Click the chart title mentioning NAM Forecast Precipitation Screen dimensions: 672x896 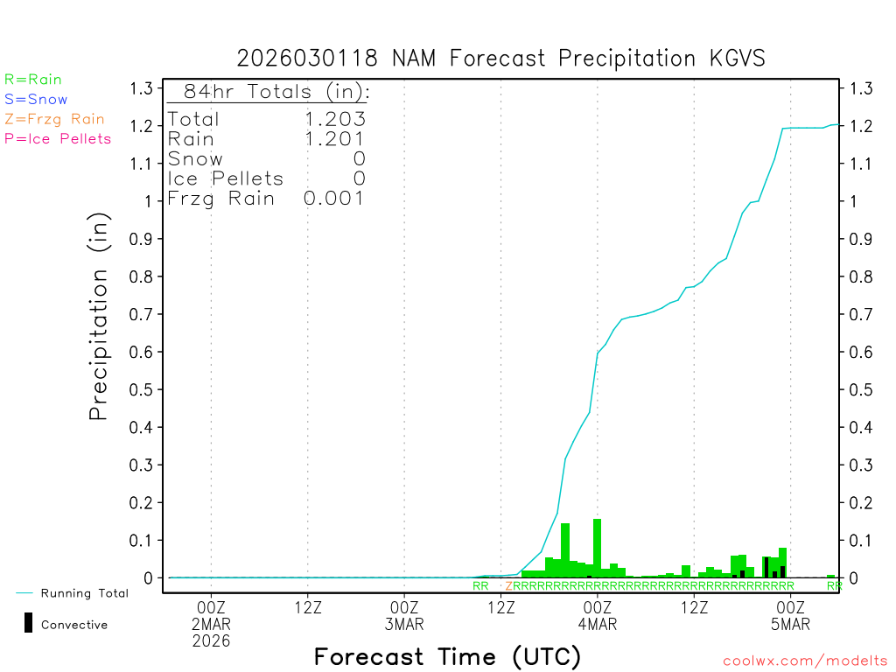tap(500, 59)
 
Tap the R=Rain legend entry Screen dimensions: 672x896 tap(33, 80)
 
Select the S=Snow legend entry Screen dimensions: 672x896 tap(36, 100)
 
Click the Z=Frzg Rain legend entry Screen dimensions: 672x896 tap(54, 119)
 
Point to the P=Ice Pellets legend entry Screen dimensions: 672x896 tap(58, 138)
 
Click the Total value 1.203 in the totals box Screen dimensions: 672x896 tap(334, 119)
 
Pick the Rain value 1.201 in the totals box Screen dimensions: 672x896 tap(334, 138)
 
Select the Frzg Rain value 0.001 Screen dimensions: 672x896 tap(334, 199)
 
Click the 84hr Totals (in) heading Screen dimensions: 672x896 tap(269, 92)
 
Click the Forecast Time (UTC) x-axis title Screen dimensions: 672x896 tap(447, 656)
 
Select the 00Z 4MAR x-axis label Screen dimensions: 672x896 tap(598, 615)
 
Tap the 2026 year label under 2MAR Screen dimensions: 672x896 tap(211, 641)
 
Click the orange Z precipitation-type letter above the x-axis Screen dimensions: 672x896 tap(508, 585)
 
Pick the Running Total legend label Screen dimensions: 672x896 tap(84, 593)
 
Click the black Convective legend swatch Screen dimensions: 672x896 tap(29, 622)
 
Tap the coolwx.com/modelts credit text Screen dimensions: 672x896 tap(805, 661)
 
